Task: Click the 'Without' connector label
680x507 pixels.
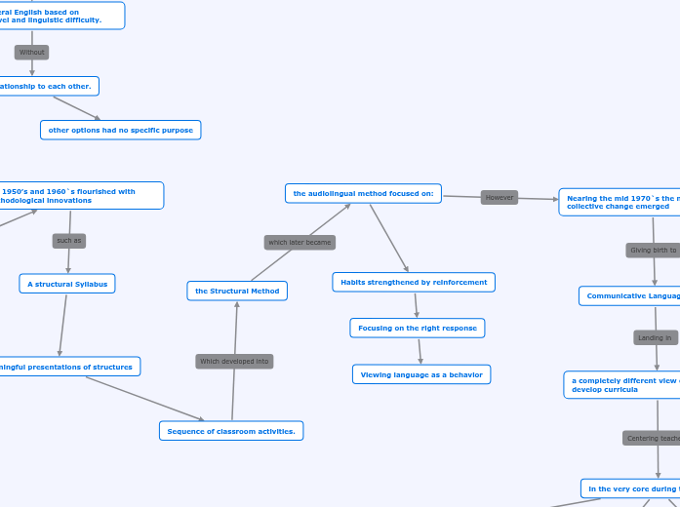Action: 31,52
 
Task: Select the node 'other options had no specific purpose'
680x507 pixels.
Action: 120,130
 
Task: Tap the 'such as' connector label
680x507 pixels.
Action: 69,240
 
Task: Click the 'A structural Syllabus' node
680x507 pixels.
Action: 67,284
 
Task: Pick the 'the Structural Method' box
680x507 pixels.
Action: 237,291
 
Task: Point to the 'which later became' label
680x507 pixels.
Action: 300,242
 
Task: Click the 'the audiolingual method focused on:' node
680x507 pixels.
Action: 363,194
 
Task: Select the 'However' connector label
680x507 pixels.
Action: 500,197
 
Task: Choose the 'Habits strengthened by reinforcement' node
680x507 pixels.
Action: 414,282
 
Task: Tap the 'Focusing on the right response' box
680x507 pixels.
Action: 417,329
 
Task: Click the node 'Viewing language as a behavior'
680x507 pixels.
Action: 421,374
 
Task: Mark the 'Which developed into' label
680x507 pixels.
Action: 234,362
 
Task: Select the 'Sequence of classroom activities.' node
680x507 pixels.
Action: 231,431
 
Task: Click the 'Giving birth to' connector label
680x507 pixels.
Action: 654,251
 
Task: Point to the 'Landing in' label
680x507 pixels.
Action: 655,338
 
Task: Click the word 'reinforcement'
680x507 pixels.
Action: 456,282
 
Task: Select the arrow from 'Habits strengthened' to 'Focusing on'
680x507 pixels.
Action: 416,305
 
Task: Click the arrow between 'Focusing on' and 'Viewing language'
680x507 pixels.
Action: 420,351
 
